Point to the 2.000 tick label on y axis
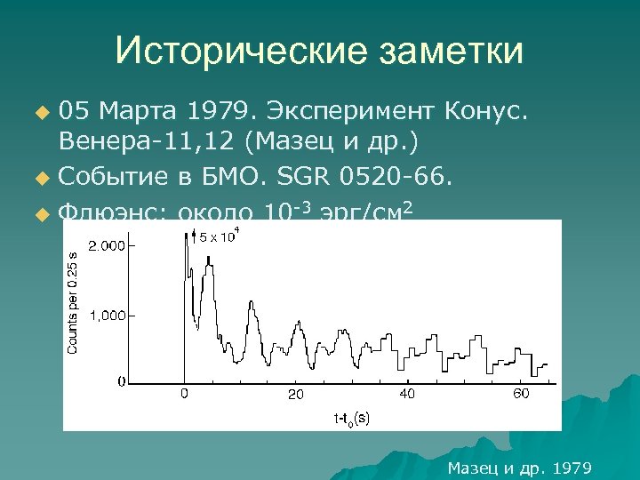pos(106,245)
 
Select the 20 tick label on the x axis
pos(295,394)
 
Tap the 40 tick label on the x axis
pos(407,393)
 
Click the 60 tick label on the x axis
pos(521,393)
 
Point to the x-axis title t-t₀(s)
pos(351,417)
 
